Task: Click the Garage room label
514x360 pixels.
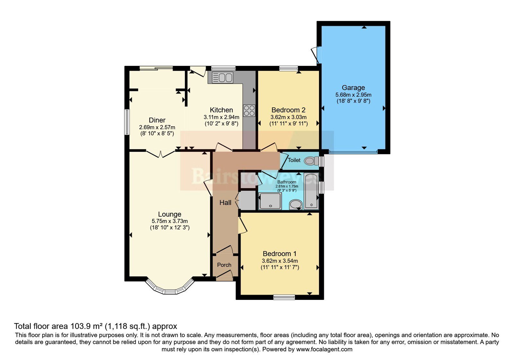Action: (353, 87)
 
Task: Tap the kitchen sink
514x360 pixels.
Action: (222, 77)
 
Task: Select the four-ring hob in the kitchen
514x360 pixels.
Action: (249, 111)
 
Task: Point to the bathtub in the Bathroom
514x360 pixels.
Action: (311, 191)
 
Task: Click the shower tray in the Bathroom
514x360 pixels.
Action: (270, 201)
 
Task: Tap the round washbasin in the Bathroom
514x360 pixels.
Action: (296, 204)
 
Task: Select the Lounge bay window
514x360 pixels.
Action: (170, 287)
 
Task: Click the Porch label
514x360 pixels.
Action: (224, 265)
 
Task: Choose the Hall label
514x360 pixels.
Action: (225, 203)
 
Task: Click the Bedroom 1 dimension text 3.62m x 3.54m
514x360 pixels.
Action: (280, 261)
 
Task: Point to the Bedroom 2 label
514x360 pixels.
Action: (288, 110)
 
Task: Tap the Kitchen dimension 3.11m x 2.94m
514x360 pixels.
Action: (221, 117)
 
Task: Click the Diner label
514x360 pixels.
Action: (157, 120)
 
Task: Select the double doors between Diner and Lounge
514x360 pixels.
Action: (161, 154)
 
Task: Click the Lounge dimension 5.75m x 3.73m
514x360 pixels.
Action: (170, 221)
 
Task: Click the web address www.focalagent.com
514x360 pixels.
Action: (324, 349)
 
